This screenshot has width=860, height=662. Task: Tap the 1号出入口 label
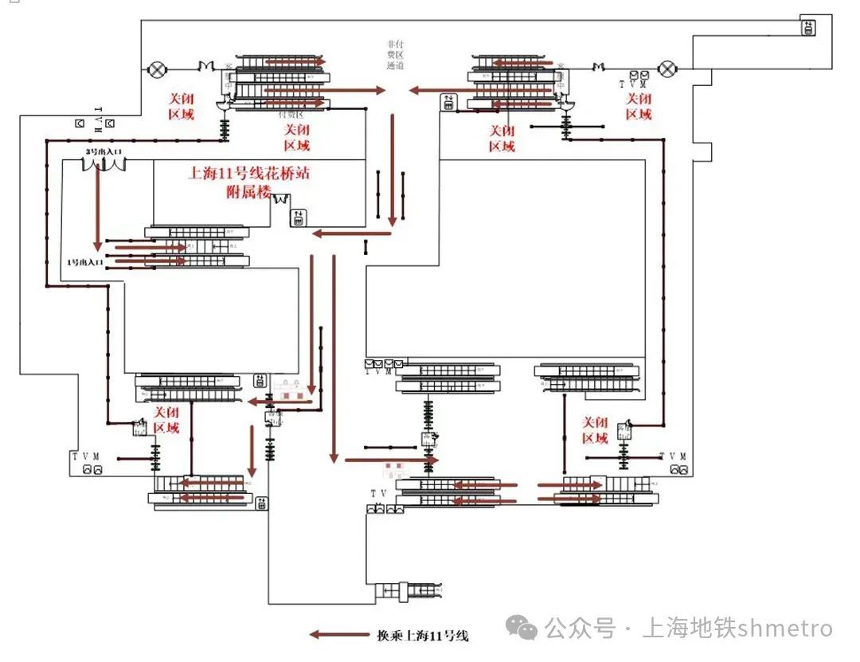pyautogui.click(x=86, y=261)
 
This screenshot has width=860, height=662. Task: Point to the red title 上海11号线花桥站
pyautogui.click(x=248, y=174)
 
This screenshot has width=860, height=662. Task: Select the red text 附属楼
pyautogui.click(x=249, y=192)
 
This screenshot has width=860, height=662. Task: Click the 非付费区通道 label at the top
pyautogui.click(x=396, y=56)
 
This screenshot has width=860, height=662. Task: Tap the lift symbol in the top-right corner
pyautogui.click(x=808, y=29)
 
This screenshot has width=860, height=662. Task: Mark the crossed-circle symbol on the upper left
pyautogui.click(x=155, y=69)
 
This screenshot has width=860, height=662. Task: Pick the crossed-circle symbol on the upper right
pyautogui.click(x=666, y=69)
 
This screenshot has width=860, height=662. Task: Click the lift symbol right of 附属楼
pyautogui.click(x=298, y=217)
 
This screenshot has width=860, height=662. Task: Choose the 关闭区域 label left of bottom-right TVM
pyautogui.click(x=595, y=430)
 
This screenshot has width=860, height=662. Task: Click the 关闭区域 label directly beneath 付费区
pyautogui.click(x=297, y=137)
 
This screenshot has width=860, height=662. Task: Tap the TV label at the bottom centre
pyautogui.click(x=378, y=494)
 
